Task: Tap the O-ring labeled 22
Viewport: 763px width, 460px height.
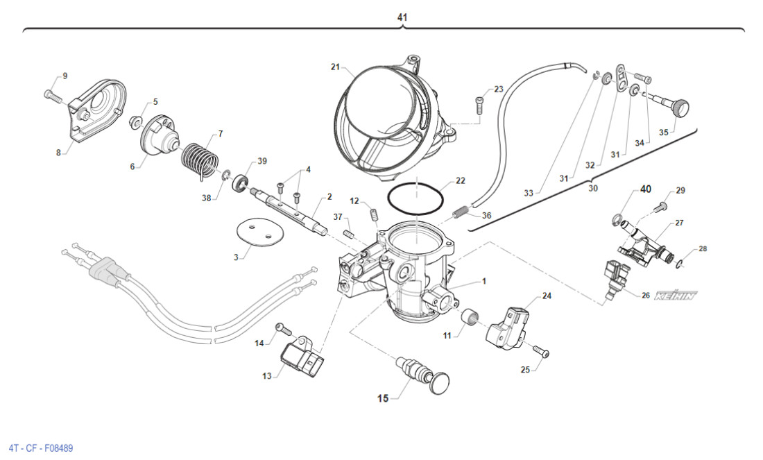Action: [415, 200]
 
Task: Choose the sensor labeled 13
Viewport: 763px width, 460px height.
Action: [302, 357]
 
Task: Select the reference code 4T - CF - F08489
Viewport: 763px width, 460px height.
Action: [40, 448]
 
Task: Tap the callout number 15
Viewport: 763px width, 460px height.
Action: [383, 398]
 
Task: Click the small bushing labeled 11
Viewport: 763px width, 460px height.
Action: [471, 320]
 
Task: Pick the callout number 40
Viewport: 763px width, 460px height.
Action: [645, 189]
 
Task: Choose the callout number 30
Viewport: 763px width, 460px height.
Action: [592, 188]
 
